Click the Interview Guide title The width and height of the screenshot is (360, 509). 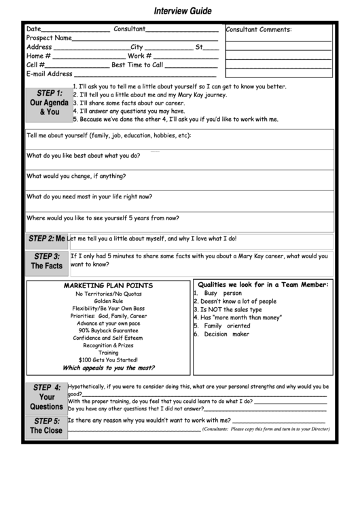182,11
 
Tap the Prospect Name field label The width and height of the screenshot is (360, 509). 49,39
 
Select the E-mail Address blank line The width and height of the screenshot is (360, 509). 146,75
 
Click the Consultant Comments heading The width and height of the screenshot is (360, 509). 258,30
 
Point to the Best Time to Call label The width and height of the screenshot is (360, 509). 137,65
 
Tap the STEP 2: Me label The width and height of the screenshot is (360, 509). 47,239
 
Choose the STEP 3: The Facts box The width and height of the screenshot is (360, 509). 47,261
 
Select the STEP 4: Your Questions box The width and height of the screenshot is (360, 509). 47,397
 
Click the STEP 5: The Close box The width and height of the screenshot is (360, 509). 47,426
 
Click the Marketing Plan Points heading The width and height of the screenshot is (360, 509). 108,285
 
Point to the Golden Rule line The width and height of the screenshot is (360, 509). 108,301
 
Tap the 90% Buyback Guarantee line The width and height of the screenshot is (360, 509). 108,330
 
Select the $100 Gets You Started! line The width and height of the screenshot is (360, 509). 108,359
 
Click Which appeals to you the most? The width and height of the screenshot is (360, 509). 108,368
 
